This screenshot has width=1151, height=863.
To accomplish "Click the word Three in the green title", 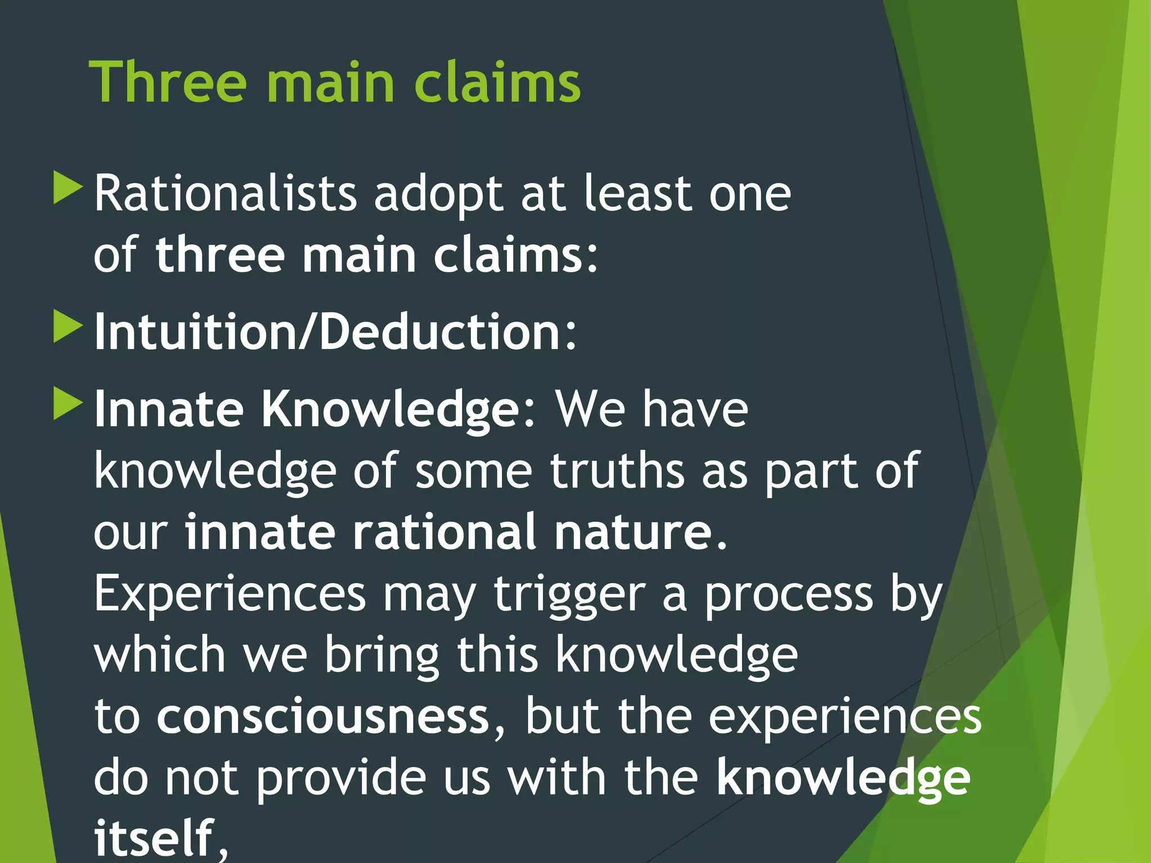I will click(167, 83).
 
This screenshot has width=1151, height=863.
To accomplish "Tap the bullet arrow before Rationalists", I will click(68, 188).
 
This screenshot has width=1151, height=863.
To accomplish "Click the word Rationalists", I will click(225, 194).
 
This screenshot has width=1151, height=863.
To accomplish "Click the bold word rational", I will click(444, 532).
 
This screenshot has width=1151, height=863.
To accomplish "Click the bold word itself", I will click(154, 838).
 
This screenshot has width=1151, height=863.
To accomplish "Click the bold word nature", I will click(633, 533).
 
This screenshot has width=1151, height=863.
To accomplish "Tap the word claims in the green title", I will click(497, 83).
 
